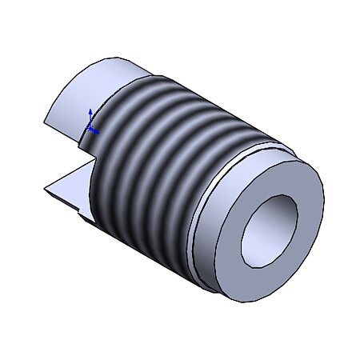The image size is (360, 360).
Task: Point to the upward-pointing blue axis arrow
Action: [90, 113]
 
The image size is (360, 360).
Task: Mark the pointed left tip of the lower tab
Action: [46, 190]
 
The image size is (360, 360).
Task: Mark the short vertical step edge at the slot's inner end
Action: [80, 140]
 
